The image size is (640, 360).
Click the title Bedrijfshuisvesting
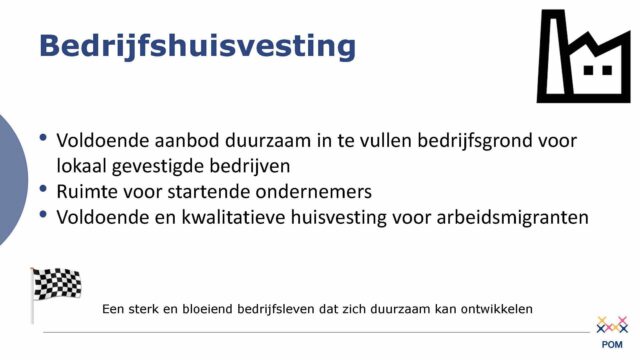point(196,45)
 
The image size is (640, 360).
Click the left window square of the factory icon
point(590,70)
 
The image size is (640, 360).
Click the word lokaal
point(87,164)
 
